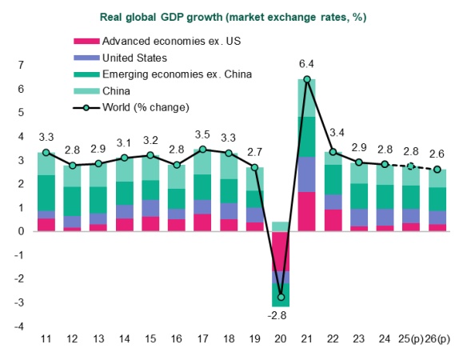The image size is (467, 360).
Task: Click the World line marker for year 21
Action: click(307, 79)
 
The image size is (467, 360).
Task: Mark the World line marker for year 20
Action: click(281, 298)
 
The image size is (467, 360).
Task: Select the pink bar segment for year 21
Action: click(307, 211)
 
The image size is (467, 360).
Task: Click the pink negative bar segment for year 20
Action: click(281, 251)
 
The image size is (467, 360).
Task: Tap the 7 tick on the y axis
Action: click(21, 65)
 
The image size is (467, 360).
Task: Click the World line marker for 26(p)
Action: click(437, 170)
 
